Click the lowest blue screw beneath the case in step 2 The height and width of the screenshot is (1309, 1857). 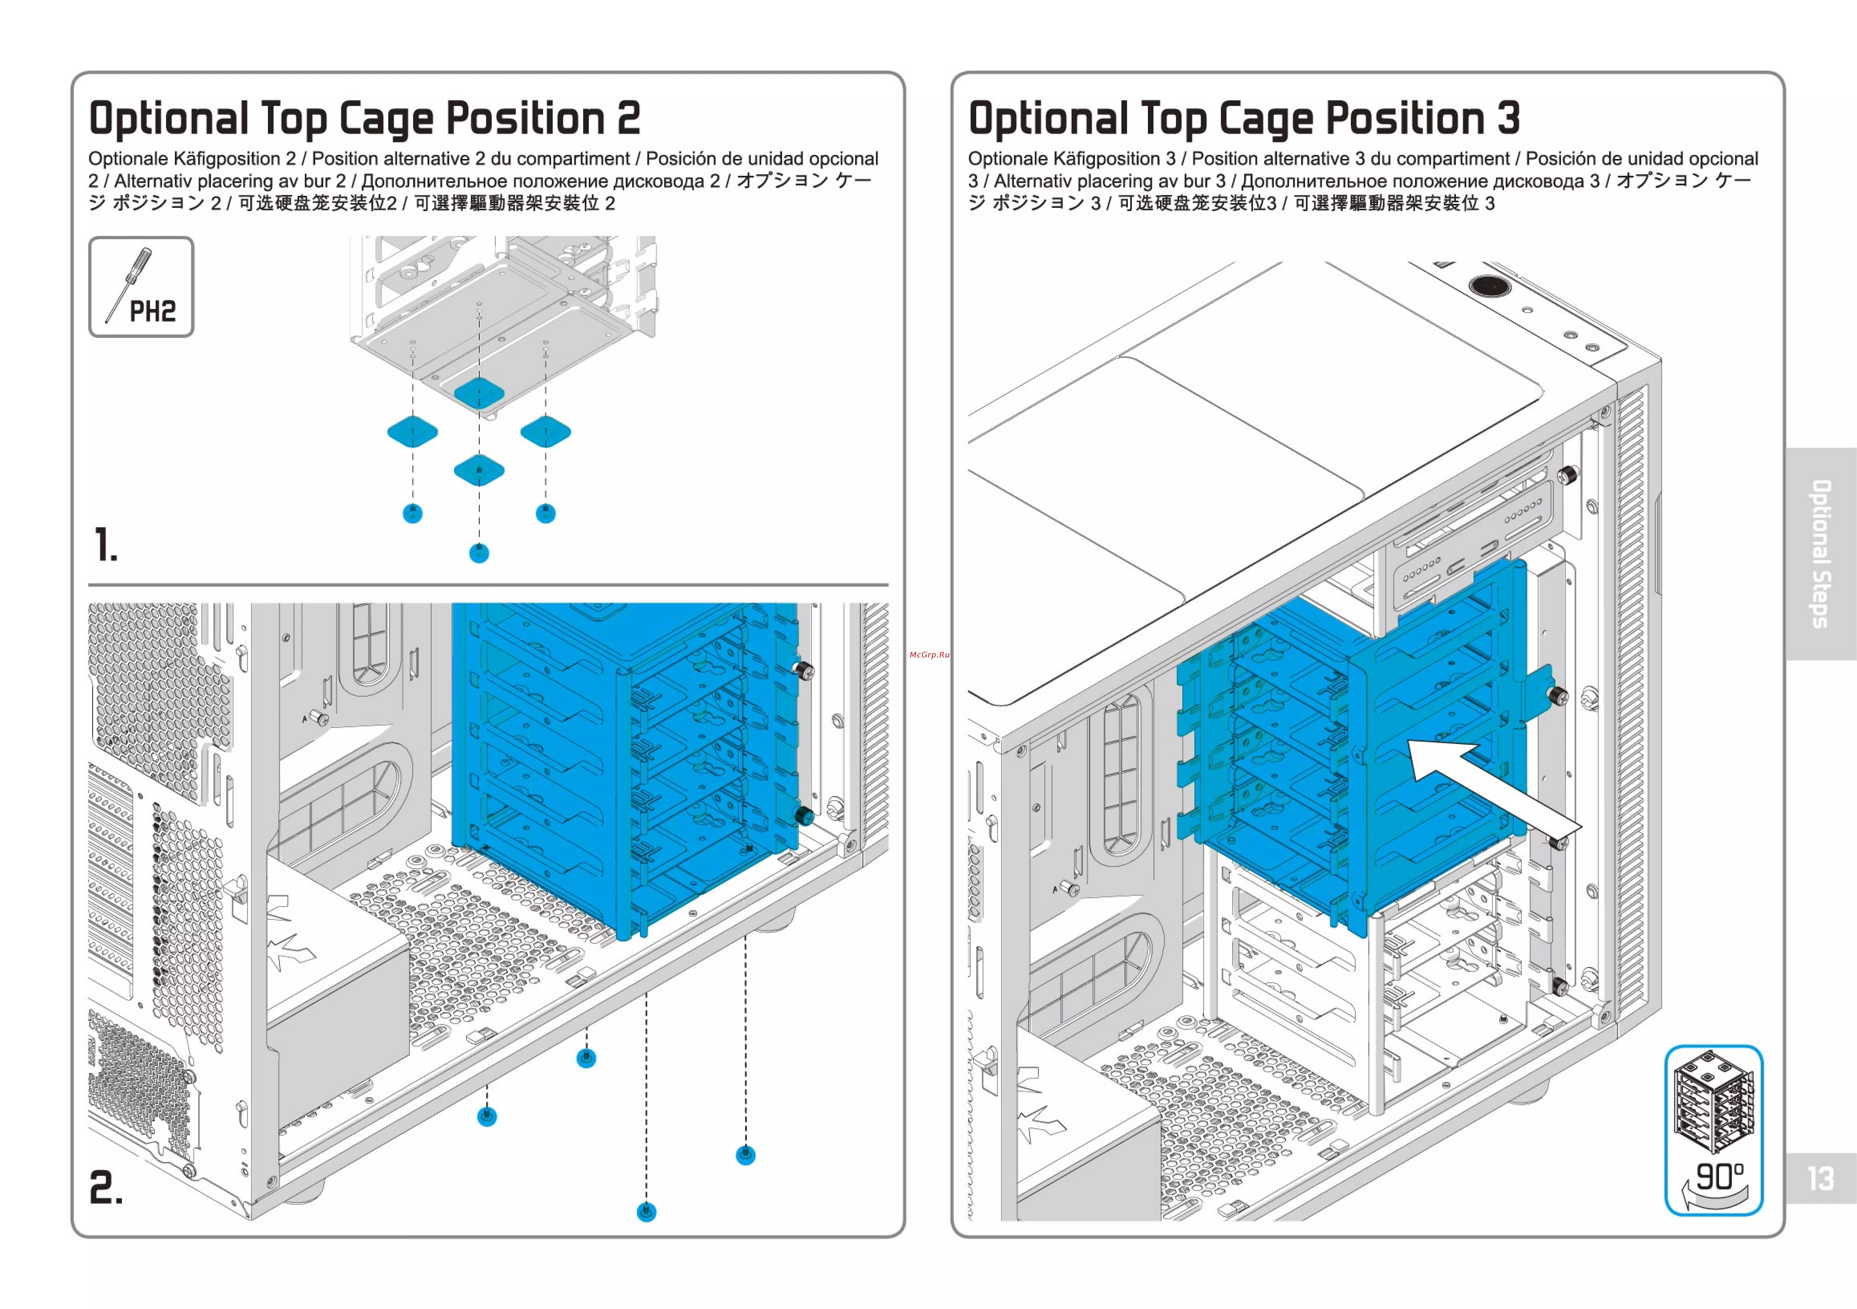click(x=646, y=1211)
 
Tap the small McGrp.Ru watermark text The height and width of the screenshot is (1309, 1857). click(x=928, y=654)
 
